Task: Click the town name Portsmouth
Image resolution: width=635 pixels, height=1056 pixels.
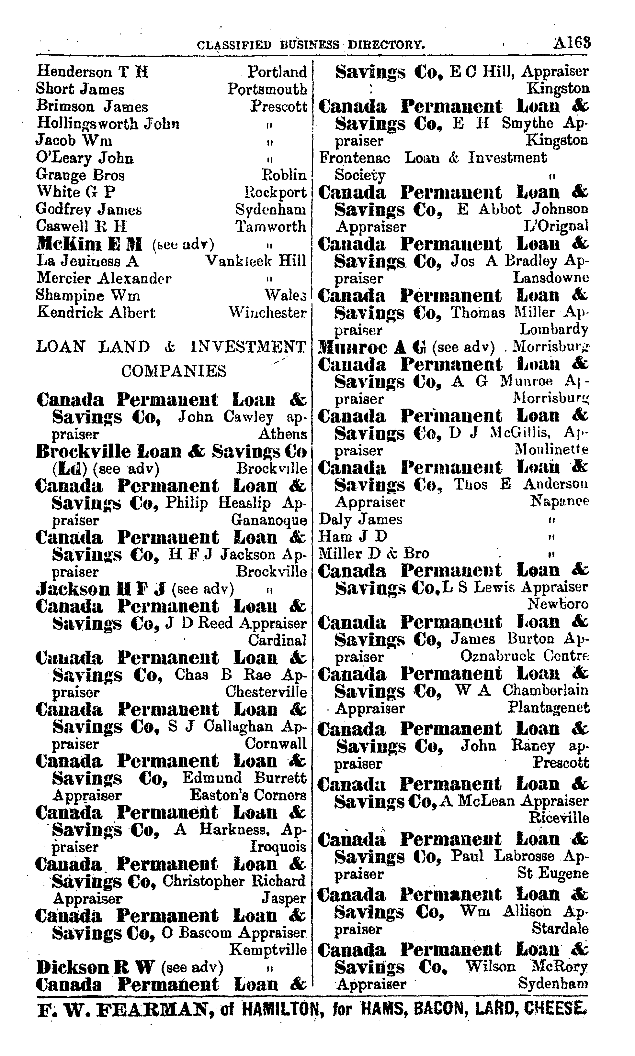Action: click(x=267, y=89)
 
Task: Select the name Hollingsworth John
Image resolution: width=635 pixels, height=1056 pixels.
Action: click(x=108, y=124)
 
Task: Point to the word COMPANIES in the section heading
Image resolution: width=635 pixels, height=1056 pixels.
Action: click(x=174, y=371)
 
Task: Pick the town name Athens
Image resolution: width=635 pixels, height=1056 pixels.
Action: click(x=282, y=434)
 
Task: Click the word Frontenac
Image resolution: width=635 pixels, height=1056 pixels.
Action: click(x=355, y=158)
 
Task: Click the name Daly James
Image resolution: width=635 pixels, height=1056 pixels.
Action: click(x=360, y=520)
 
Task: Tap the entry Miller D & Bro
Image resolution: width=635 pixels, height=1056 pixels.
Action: click(x=374, y=554)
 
